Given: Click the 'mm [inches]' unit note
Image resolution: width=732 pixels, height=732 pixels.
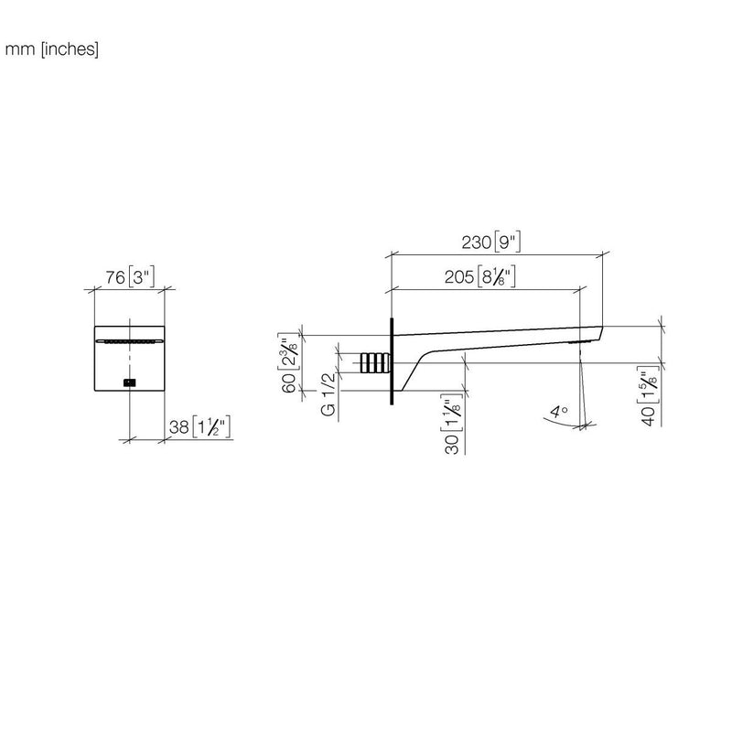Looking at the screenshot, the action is tap(51, 49).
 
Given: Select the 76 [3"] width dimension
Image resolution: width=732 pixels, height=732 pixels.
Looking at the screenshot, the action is tap(129, 277).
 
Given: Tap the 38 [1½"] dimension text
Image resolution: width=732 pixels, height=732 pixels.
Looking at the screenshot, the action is tap(199, 426).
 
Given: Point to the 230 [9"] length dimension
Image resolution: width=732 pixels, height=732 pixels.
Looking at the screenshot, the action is tap(491, 242).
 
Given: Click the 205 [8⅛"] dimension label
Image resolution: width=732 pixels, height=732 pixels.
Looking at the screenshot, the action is tap(479, 277).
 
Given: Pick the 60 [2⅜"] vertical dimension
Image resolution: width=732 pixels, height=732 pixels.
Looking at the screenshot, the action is tap(288, 363).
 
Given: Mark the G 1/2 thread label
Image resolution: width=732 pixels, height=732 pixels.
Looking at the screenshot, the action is tap(328, 393).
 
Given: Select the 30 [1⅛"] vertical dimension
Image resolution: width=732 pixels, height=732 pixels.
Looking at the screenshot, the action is tap(452, 424).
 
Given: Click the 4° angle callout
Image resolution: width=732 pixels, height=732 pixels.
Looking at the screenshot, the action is tap(559, 412).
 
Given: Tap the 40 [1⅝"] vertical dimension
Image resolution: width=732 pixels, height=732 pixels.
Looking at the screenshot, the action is tap(649, 395).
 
